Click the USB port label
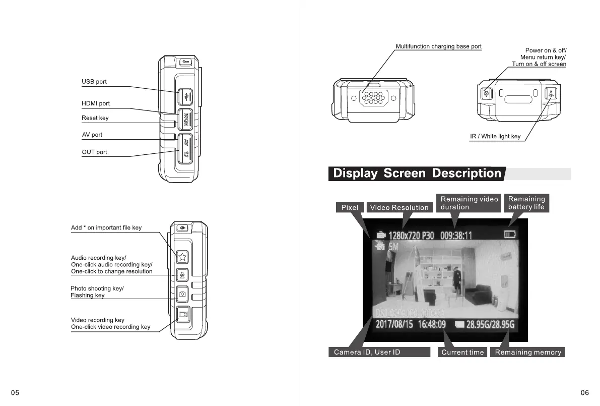(94, 82)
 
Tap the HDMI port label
(96, 103)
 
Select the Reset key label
(95, 118)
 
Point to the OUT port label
(95, 152)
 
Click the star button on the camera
(182, 257)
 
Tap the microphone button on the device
(182, 275)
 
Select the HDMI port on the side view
(186, 119)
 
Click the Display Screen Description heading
(417, 173)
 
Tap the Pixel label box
(350, 207)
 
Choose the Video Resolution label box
(399, 207)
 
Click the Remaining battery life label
(526, 203)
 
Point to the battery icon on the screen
(510, 234)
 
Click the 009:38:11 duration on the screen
(456, 236)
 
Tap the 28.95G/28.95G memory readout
(490, 324)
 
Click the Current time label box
(462, 352)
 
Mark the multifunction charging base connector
(373, 98)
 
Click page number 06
(584, 393)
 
